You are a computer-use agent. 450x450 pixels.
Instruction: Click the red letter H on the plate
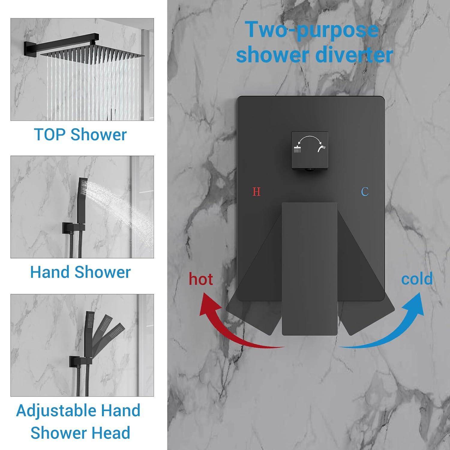click(x=256, y=191)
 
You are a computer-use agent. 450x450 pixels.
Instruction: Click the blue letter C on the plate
click(x=365, y=191)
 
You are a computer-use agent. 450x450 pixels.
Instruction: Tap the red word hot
click(x=201, y=279)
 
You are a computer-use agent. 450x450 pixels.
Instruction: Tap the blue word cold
click(x=417, y=279)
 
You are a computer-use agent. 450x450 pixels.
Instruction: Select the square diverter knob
click(x=310, y=150)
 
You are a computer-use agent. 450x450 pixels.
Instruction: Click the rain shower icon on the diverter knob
click(x=297, y=149)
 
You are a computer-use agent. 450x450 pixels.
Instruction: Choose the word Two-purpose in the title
click(x=312, y=30)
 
